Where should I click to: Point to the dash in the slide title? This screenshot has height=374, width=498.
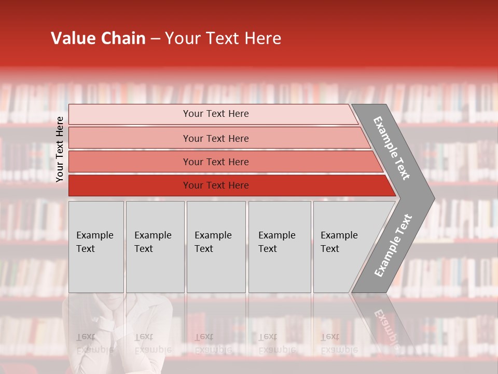[x=155, y=39]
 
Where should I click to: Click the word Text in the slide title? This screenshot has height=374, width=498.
[x=223, y=38]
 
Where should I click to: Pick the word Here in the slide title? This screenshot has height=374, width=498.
[x=262, y=38]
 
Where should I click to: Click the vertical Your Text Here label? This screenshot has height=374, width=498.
[x=60, y=149]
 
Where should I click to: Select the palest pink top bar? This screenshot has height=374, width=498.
[x=213, y=114]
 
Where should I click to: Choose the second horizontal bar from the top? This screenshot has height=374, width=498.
[x=218, y=138]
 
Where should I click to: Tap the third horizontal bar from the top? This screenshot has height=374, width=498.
[x=223, y=162]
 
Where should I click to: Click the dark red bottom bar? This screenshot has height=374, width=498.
[x=228, y=185]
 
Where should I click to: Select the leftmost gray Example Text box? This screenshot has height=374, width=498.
[x=96, y=247]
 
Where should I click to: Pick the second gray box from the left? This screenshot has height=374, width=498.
[x=155, y=247]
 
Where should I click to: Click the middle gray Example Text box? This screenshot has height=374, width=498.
[x=216, y=247]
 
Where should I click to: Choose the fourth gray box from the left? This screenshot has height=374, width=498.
[x=279, y=247]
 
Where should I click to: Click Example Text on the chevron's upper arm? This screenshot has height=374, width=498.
[x=392, y=148]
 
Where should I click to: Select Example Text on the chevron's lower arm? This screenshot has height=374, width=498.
[x=393, y=246]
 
